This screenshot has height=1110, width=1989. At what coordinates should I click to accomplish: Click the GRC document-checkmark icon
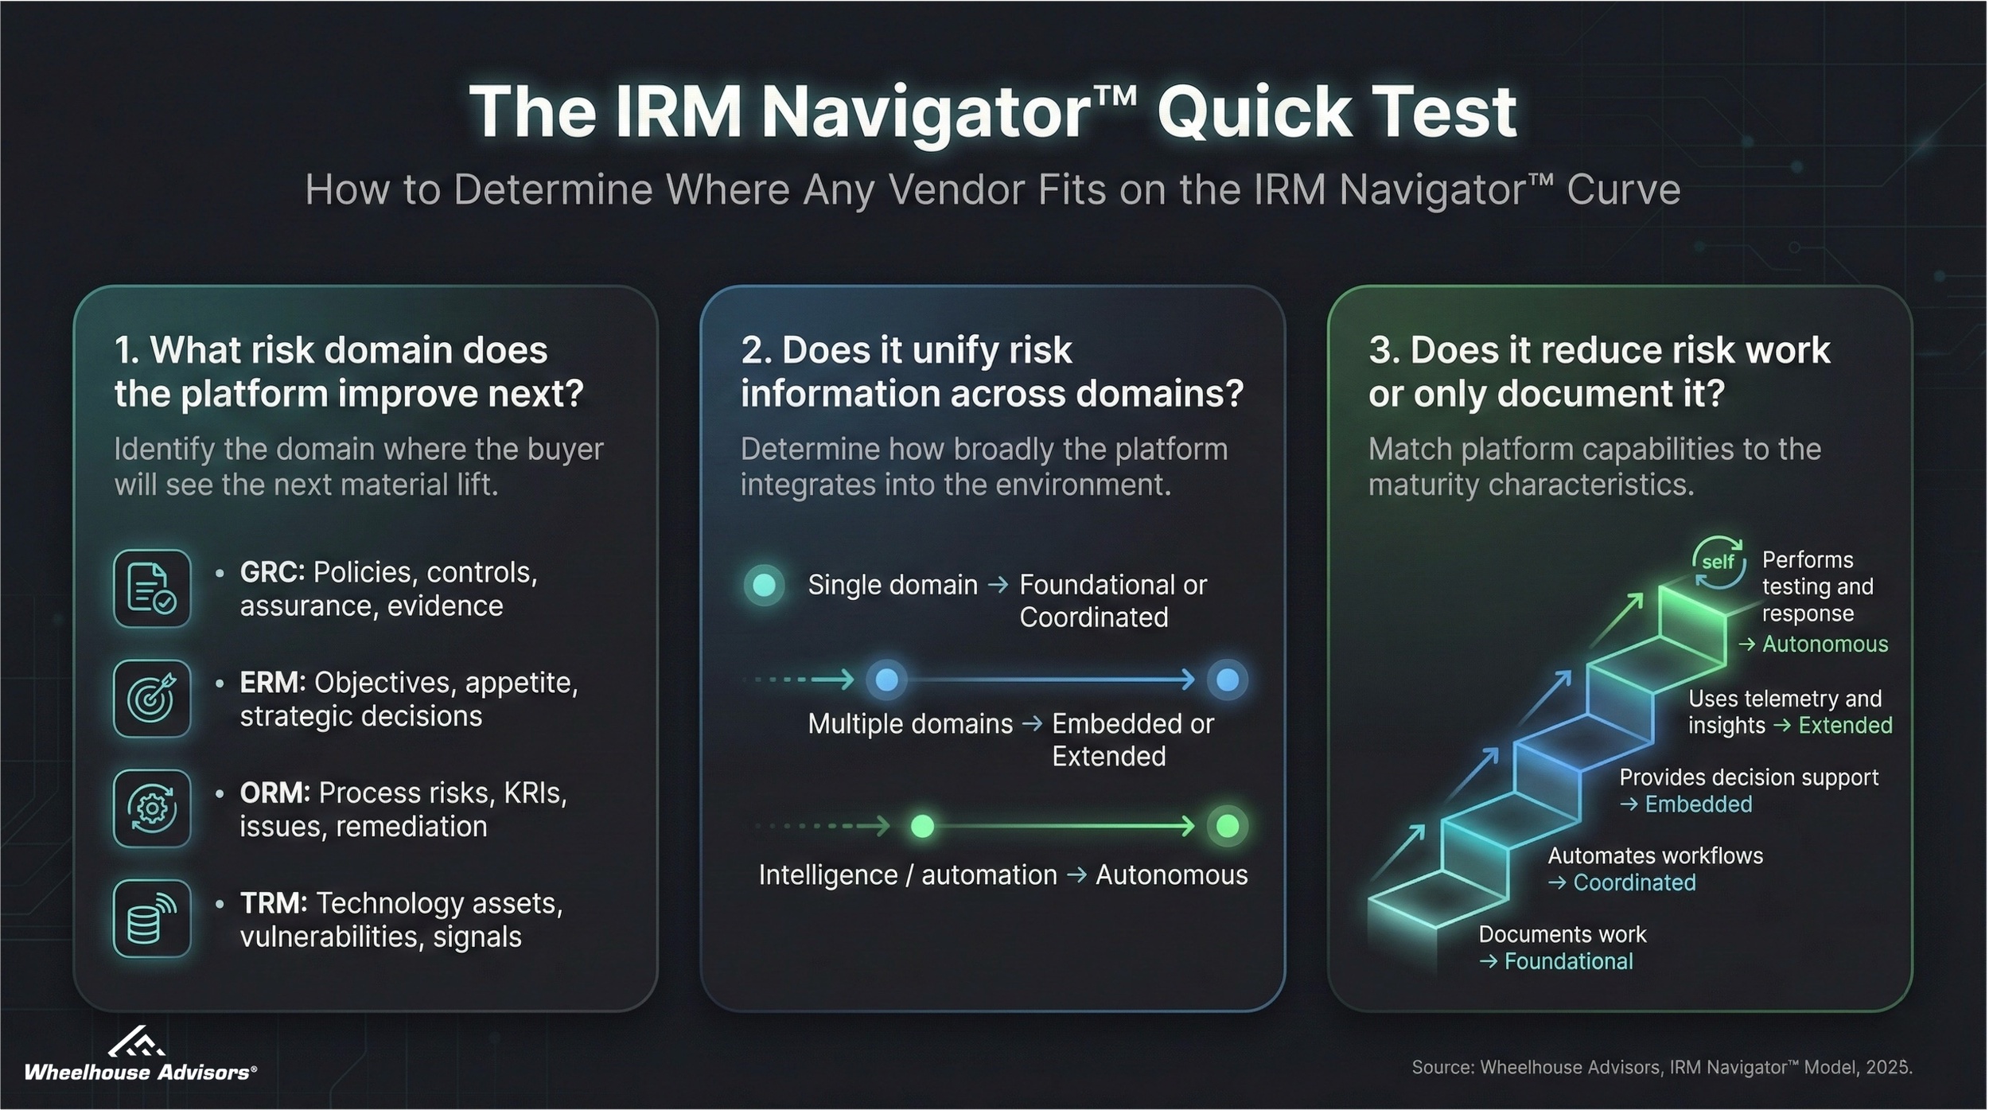point(152,589)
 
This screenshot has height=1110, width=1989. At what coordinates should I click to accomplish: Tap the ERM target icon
point(152,699)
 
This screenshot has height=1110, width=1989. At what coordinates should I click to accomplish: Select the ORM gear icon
point(152,808)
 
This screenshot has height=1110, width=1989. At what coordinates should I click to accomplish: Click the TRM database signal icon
point(152,918)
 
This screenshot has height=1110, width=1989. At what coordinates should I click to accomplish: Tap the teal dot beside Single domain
point(764,585)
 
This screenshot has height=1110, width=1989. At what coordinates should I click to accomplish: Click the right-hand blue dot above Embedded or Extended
point(1227,680)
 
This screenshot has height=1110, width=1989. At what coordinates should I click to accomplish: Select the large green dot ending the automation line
point(1227,826)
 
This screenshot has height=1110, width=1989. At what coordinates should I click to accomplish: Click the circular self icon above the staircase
point(1718,563)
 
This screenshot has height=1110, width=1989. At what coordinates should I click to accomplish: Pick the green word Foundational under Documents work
point(1568,961)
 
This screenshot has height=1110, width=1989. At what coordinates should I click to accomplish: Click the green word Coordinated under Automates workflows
point(1634,882)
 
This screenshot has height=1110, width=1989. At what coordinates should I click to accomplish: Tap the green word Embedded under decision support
point(1698,804)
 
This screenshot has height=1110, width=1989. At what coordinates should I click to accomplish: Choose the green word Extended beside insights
point(1845,726)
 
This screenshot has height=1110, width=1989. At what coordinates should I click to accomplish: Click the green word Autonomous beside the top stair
point(1824,644)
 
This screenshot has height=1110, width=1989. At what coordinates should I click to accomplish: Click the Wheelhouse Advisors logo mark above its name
point(136,1042)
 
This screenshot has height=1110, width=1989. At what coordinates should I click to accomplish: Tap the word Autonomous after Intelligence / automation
point(1171,875)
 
